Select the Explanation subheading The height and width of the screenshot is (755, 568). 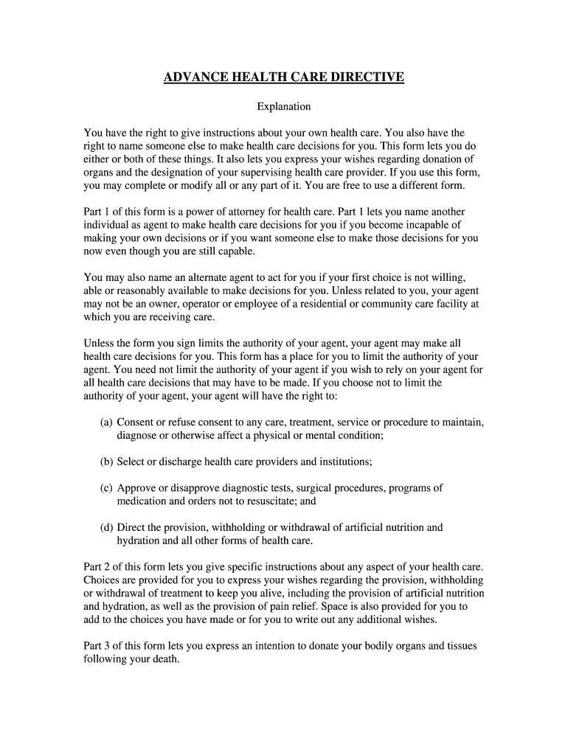(x=283, y=107)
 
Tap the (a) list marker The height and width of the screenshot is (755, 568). (x=107, y=422)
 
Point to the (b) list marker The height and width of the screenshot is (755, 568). (x=107, y=462)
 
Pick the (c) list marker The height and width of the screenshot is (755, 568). (x=107, y=488)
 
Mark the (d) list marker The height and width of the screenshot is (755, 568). (x=107, y=528)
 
